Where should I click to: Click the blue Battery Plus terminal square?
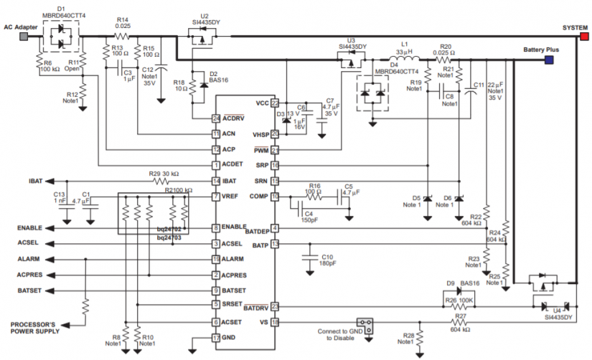pyautogui.click(x=548, y=60)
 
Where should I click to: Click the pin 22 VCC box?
pyautogui.click(x=275, y=103)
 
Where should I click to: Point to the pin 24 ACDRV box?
pyautogui.click(x=215, y=118)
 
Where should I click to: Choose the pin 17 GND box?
pyautogui.click(x=215, y=338)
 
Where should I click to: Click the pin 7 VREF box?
pyautogui.click(x=215, y=196)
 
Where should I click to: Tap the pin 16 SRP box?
pyautogui.click(x=275, y=165)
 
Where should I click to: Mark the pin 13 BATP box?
pyautogui.click(x=275, y=245)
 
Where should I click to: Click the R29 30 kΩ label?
pyautogui.click(x=164, y=174)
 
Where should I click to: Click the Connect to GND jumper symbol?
pyautogui.click(x=365, y=326)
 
